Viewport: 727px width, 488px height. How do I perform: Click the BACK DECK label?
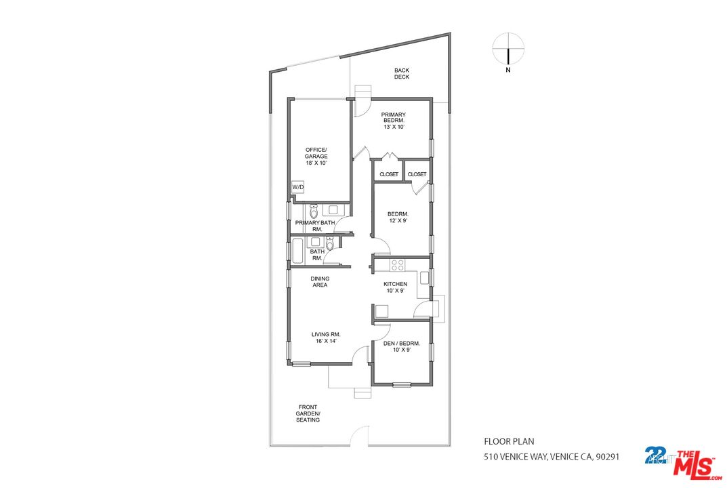[402, 73]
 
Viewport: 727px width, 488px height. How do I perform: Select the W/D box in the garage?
[298, 186]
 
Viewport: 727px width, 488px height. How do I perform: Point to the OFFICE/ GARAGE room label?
[316, 156]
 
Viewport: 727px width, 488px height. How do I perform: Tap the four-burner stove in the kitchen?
[397, 265]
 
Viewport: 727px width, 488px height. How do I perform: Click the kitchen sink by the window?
[424, 277]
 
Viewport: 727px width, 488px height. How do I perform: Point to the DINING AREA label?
[320, 281]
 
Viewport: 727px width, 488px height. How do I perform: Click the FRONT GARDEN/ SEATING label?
[308, 413]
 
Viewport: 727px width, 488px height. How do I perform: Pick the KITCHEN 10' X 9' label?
[395, 287]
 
